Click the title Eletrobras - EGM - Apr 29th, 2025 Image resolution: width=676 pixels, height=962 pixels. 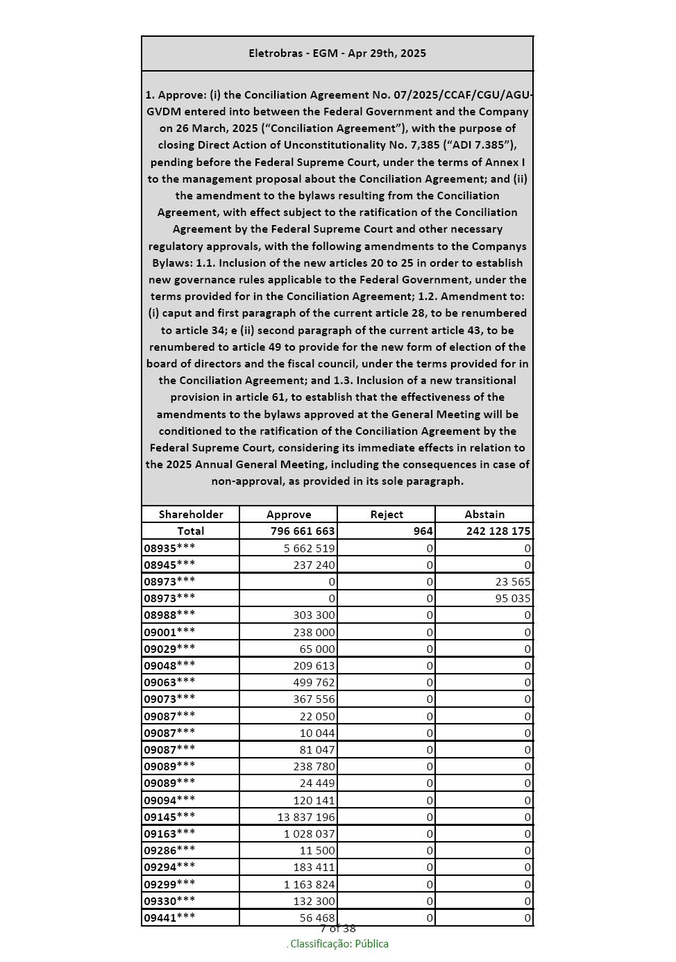pyautogui.click(x=337, y=53)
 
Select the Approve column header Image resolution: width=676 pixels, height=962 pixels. pyautogui.click(x=289, y=515)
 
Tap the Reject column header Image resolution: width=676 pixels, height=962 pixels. pyautogui.click(x=387, y=515)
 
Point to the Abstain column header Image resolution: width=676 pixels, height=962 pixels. pyautogui.click(x=484, y=515)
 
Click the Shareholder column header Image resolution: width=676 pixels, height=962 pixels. pyautogui.click(x=191, y=515)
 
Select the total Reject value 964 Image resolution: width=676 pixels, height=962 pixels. pyautogui.click(x=423, y=531)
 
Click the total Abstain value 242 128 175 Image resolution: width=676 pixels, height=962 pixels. pyautogui.click(x=498, y=531)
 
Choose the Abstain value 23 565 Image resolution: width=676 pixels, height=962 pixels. pyautogui.click(x=513, y=582)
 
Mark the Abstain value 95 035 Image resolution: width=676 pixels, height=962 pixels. pyautogui.click(x=513, y=599)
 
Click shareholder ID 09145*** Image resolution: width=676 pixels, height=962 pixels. pyautogui.click(x=169, y=818)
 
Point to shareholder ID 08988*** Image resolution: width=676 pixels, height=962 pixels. pyautogui.click(x=169, y=615)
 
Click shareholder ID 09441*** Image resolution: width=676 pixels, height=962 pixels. pyautogui.click(x=169, y=918)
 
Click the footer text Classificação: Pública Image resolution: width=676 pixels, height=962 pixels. pyautogui.click(x=339, y=944)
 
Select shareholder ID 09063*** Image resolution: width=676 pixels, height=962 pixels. pyautogui.click(x=169, y=683)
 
